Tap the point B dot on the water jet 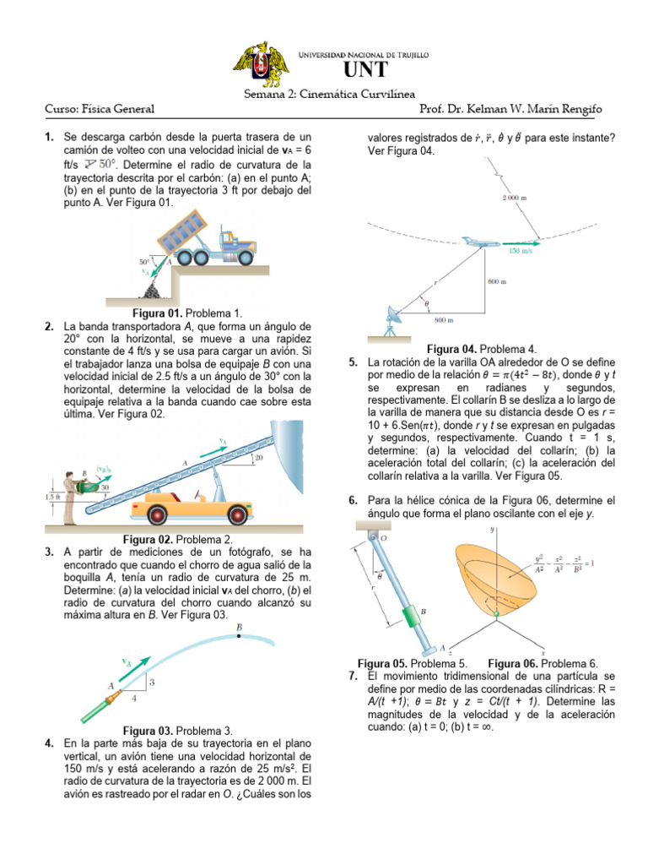tap(240, 636)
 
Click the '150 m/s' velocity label tap(521, 251)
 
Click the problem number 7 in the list tap(352, 677)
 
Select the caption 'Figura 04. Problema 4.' tap(482, 348)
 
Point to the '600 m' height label tap(498, 281)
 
